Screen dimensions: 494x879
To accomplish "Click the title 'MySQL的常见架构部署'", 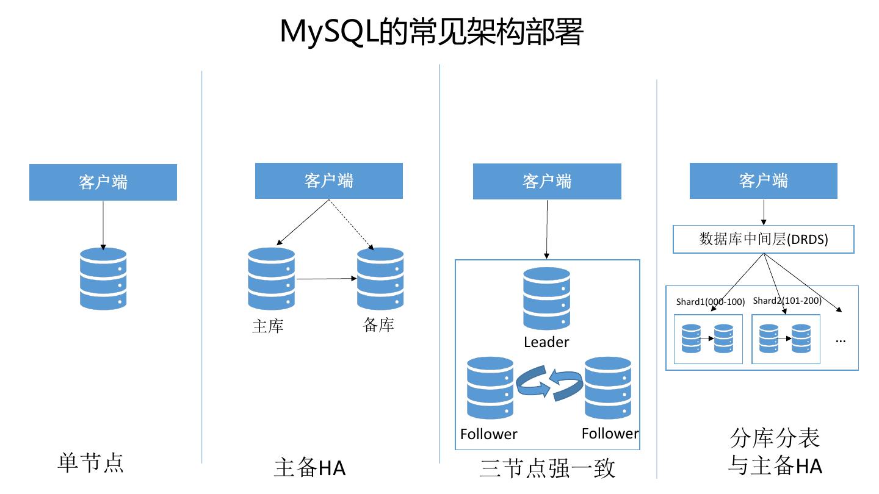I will tap(432, 31).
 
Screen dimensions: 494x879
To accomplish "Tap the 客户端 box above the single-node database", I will tap(103, 182).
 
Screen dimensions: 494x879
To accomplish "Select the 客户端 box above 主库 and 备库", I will tap(328, 181).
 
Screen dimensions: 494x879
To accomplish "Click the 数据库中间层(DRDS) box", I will tap(763, 240).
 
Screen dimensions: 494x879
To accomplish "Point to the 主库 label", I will tap(268, 326).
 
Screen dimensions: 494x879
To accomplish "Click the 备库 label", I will tap(378, 325).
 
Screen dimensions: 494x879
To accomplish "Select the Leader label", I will tap(546, 342).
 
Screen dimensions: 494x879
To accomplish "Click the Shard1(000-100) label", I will tap(711, 302).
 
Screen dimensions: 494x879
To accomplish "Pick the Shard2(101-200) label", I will tap(787, 301).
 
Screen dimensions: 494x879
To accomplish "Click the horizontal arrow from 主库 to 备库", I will tap(326, 279).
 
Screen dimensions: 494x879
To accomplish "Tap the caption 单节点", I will tap(90, 462).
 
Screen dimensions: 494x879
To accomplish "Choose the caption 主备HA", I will tap(309, 468).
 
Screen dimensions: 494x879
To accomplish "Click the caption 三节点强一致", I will tap(547, 468).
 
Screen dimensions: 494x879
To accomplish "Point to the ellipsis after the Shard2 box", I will tap(841, 340).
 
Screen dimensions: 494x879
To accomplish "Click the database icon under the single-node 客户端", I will tap(103, 279).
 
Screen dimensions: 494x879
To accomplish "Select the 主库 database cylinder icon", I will tap(271, 279).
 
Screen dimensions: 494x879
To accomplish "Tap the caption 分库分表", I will tap(775, 438).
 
